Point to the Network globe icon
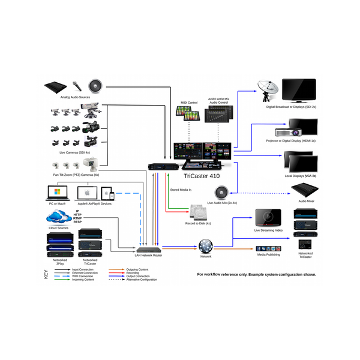(x=206, y=246)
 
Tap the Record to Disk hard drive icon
(x=199, y=213)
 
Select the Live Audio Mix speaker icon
(x=221, y=192)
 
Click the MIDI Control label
(x=189, y=103)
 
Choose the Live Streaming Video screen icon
(x=268, y=217)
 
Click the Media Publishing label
(x=268, y=255)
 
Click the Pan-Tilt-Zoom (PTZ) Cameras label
(x=77, y=174)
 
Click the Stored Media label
(x=181, y=190)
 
